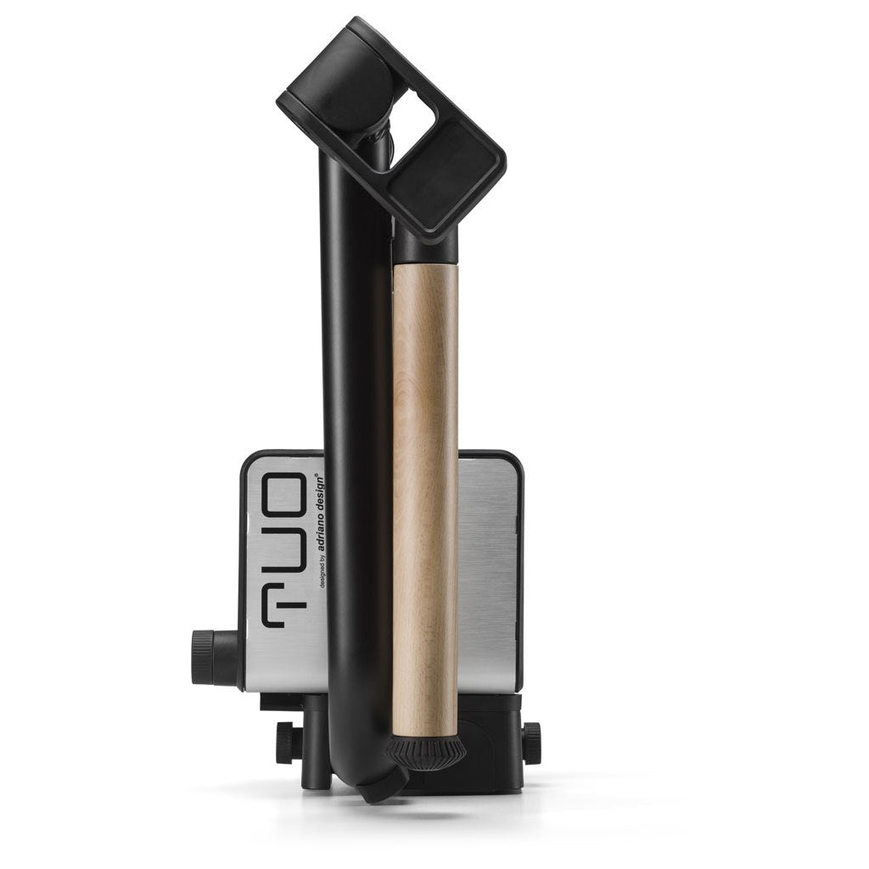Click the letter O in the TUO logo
tap(283, 495)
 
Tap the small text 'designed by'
tap(322, 572)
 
